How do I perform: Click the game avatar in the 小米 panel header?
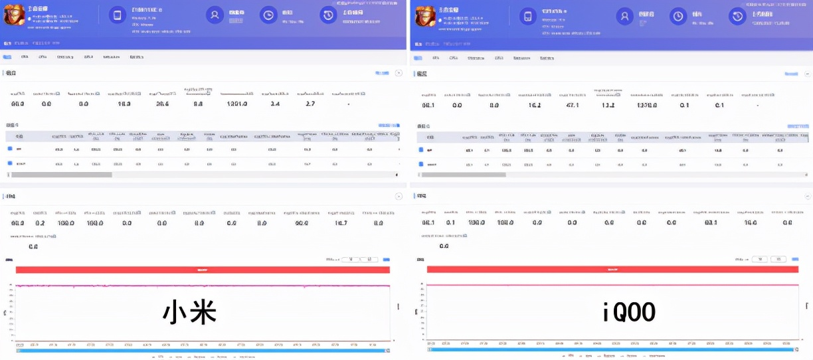pos(15,15)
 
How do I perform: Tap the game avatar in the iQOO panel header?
pos(422,15)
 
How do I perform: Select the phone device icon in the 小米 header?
pos(117,15)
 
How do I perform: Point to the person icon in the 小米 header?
pos(215,15)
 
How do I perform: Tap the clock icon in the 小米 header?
pos(268,15)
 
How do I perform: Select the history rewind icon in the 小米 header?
pos(328,15)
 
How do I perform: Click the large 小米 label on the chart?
pos(190,313)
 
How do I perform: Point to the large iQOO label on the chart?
pos(628,312)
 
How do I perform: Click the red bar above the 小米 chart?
pos(203,270)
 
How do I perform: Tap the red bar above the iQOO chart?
pos(612,270)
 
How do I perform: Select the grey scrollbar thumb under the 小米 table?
pos(60,175)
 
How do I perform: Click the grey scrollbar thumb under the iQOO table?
pos(464,175)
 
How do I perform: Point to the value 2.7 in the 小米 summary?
pos(310,104)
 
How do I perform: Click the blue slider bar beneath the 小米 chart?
pos(203,349)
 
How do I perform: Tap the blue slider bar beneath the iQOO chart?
pos(611,349)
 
